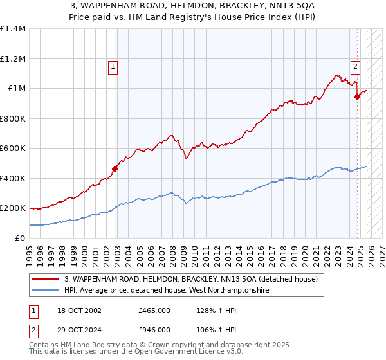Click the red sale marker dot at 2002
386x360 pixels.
[x=115, y=168]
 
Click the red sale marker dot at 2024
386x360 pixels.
[x=358, y=96]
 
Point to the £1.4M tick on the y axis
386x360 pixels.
[x=13, y=29]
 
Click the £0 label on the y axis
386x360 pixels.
[x=21, y=239]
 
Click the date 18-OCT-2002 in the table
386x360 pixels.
[x=78, y=310]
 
